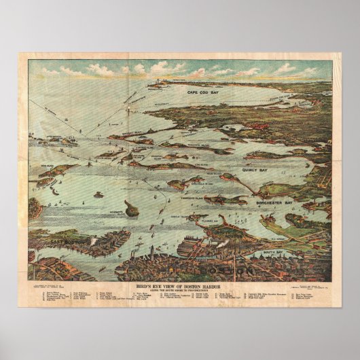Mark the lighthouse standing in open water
99,194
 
